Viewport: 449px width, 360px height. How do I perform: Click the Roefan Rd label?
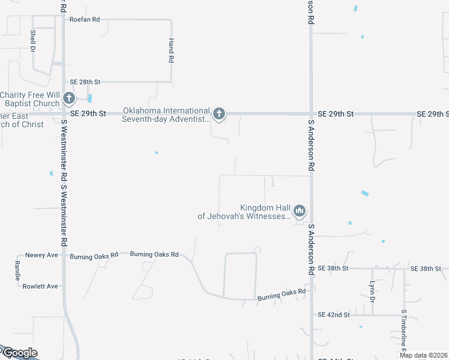pyautogui.click(x=85, y=20)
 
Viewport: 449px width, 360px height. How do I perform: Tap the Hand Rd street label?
pyautogui.click(x=171, y=51)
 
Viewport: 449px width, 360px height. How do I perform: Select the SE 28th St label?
pyautogui.click(x=85, y=82)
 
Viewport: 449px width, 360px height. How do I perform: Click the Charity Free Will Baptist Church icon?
pyautogui.click(x=69, y=98)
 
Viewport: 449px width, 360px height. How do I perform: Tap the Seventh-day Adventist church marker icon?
pyautogui.click(x=219, y=113)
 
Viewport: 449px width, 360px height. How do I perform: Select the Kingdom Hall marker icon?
pyautogui.click(x=299, y=211)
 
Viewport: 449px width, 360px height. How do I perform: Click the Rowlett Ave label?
pyautogui.click(x=40, y=286)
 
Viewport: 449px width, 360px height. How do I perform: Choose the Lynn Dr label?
pyautogui.click(x=372, y=291)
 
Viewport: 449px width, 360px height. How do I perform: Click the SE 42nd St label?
pyautogui.click(x=333, y=314)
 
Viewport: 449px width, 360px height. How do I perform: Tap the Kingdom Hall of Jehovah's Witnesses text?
pyautogui.click(x=244, y=211)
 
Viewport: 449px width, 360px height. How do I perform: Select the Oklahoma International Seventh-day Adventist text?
pyautogui.click(x=166, y=115)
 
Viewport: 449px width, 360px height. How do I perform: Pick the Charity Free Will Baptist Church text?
pyautogui.click(x=30, y=99)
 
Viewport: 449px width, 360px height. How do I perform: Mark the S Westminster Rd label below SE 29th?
pyautogui.click(x=63, y=180)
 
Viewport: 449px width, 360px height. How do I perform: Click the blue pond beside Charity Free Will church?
pyautogui.click(x=89, y=98)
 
